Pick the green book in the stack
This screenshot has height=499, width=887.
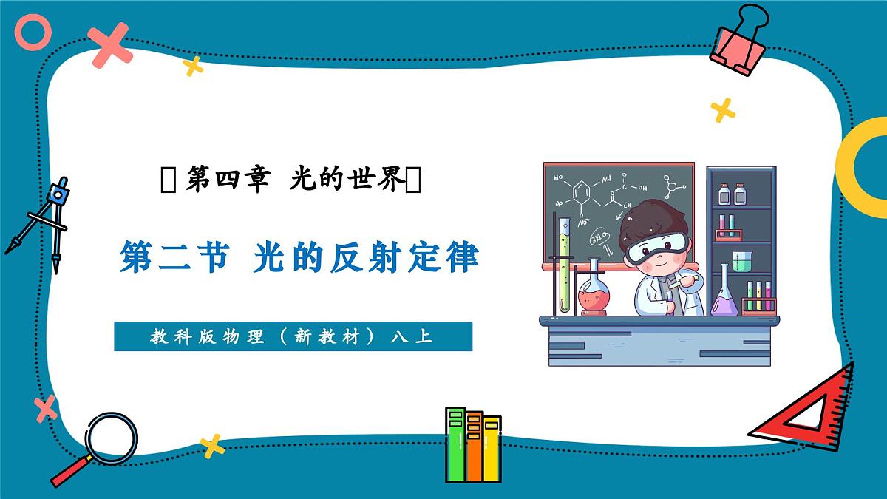[x=456, y=444]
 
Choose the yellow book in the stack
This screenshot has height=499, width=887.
[x=491, y=447]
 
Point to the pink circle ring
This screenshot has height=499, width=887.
[x=33, y=33]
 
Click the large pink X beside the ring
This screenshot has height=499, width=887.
[x=109, y=43]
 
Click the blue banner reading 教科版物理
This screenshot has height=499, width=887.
[x=293, y=336]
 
